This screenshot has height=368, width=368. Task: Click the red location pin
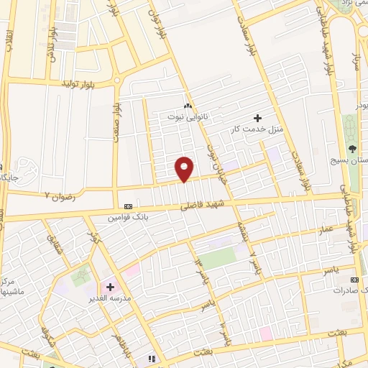click(x=185, y=168)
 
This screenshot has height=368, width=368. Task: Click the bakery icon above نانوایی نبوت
click(x=188, y=106)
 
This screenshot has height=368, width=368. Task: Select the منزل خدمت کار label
click(x=252, y=129)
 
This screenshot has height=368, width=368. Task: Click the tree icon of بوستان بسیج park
click(x=352, y=149)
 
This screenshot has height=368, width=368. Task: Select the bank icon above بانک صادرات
click(x=353, y=279)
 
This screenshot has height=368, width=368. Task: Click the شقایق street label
click(x=55, y=247)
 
